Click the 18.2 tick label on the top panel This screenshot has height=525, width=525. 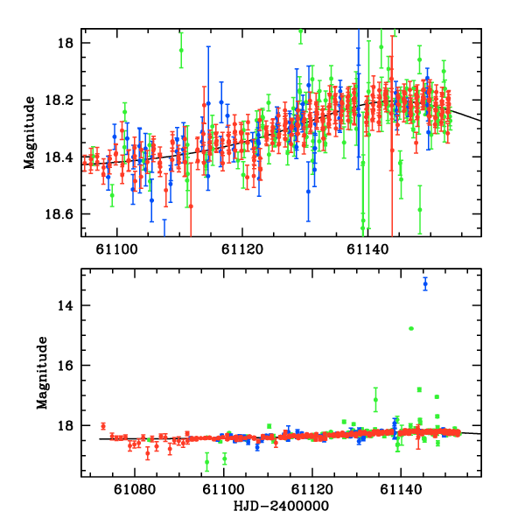(65, 101)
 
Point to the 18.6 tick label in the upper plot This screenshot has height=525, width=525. (65, 214)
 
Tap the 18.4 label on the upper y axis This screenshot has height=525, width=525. (65, 157)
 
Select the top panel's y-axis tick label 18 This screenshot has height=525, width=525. (70, 43)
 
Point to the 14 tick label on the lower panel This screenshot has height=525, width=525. (70, 305)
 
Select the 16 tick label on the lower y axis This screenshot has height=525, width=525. (70, 366)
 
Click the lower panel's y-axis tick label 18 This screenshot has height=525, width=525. (70, 426)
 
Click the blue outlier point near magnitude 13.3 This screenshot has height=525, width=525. (425, 283)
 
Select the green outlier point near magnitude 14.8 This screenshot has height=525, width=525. (410, 328)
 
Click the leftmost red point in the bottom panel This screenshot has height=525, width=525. (103, 426)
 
